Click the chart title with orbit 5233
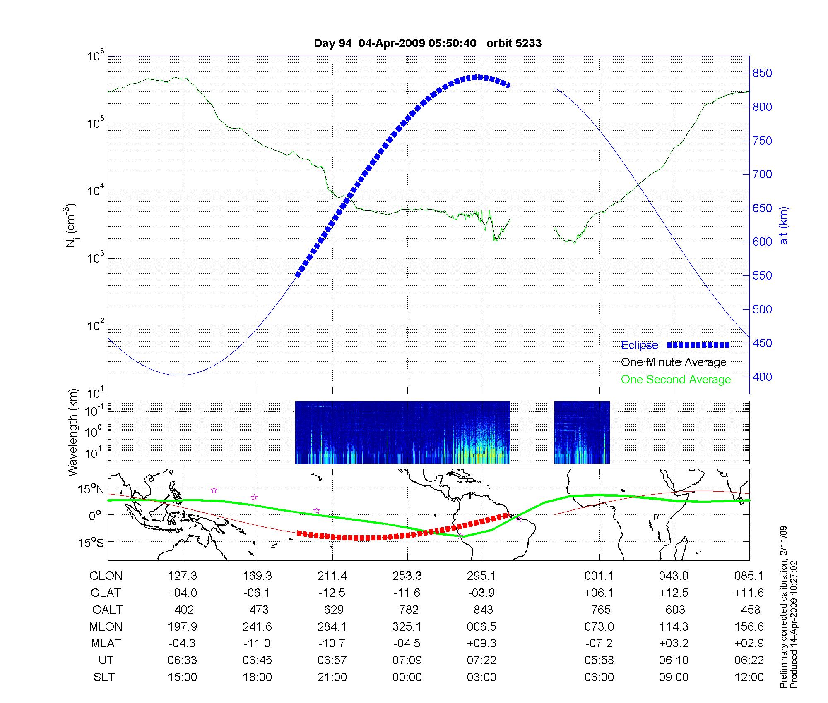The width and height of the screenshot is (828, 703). pos(428,43)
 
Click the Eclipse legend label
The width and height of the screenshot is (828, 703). pos(639,345)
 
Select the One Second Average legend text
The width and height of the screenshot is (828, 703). pos(676,380)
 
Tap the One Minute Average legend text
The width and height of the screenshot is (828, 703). pos(674,362)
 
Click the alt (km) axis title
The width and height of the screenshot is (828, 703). pos(784,225)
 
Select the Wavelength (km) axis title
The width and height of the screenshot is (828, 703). pos(73,432)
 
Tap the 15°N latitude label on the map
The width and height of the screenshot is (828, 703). pos(91,489)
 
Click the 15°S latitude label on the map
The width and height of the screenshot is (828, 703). pos(91,542)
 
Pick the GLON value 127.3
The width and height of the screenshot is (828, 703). pos(182,576)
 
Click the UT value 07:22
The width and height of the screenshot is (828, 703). pos(481,660)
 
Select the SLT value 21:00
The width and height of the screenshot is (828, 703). pos(332,677)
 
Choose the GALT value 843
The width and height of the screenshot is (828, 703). pos(483,610)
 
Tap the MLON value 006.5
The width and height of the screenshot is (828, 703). pos(481,627)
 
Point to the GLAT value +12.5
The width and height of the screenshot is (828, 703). pos(674,593)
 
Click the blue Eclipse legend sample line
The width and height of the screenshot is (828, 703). pos(698,345)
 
